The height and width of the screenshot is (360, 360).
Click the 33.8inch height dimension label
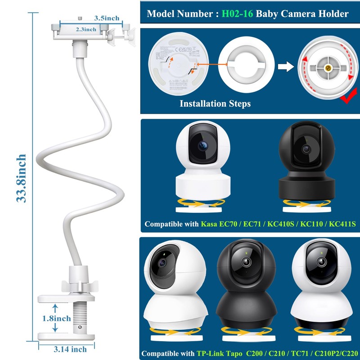(22, 178)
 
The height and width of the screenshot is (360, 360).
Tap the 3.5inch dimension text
(107, 18)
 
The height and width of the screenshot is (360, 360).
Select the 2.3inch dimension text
(85, 29)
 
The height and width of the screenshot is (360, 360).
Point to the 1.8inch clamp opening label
(56, 319)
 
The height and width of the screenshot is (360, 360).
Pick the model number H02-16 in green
(237, 14)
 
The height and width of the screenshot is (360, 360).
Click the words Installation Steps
(215, 103)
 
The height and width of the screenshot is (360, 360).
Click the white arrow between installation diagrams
(284, 67)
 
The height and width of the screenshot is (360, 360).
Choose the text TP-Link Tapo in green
(220, 353)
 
